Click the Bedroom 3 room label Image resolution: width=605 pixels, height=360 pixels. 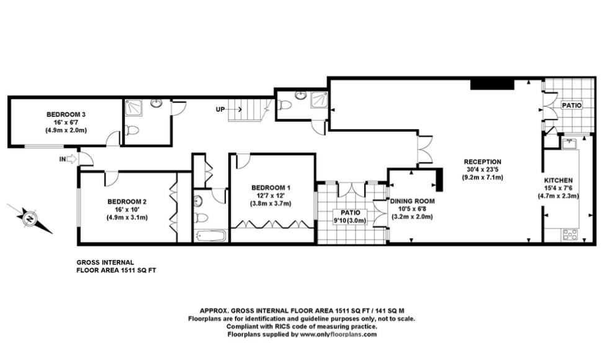(66, 114)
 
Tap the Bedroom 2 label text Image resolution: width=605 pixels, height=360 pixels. (127, 202)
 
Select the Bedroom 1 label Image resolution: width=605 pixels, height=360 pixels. (271, 188)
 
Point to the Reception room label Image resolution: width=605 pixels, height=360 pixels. (482, 161)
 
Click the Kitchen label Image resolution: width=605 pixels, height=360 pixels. (558, 180)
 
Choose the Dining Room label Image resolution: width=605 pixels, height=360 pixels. (413, 201)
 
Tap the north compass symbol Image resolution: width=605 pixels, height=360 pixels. (29, 218)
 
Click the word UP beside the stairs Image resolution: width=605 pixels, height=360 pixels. (220, 109)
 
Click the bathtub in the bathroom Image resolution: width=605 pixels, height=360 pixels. (211, 236)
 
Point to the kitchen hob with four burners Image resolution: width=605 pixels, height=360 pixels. (570, 235)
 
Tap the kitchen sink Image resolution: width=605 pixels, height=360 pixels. (569, 143)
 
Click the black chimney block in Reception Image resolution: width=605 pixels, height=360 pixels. (492, 84)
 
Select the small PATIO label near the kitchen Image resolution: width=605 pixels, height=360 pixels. (572, 106)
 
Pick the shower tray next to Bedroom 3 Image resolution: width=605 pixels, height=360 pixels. (133, 107)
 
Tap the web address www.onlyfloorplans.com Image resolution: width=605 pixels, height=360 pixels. (338, 335)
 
